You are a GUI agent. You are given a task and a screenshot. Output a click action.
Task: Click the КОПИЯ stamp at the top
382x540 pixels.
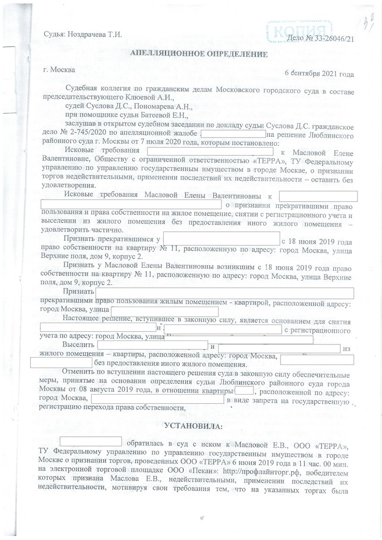pyautogui.click(x=301, y=31)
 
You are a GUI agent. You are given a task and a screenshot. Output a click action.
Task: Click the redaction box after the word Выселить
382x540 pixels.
pyautogui.click(x=152, y=345)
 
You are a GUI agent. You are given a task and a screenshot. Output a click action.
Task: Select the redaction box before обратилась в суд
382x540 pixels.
pyautogui.click(x=91, y=441)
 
